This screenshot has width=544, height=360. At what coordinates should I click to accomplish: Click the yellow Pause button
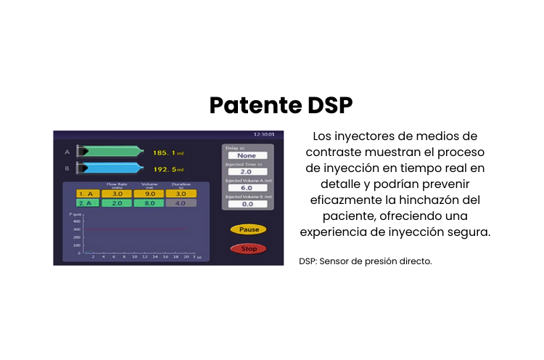coord(249,229)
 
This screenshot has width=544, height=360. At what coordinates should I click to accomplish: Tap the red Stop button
coord(249,249)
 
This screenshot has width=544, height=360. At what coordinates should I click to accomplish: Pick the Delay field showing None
coord(248,155)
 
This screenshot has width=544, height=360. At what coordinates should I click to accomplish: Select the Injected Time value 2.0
coord(248,171)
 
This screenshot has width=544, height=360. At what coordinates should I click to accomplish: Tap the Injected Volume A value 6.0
coord(248,188)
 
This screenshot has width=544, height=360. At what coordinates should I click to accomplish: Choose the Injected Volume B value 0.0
coord(248,205)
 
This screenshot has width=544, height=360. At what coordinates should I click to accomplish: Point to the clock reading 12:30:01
coord(263,134)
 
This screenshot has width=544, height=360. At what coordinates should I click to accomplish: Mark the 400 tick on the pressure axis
coord(77,221)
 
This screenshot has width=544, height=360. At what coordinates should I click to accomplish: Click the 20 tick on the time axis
coord(186,257)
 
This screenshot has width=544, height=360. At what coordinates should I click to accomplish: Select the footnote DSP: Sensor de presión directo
coord(365,261)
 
